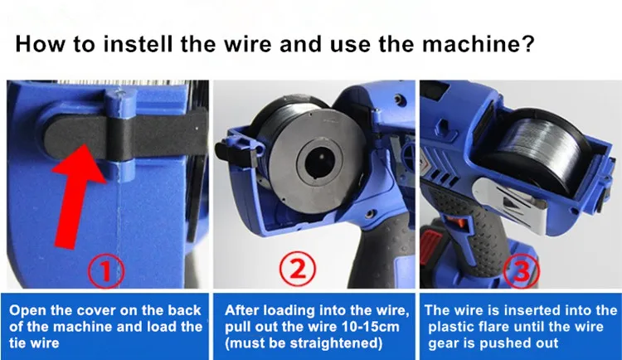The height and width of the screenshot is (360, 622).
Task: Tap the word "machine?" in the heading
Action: point(478,44)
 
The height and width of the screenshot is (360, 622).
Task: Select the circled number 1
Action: point(105,271)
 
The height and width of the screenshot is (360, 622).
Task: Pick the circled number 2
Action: point(298,269)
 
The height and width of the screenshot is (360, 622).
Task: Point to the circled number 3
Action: point(522,270)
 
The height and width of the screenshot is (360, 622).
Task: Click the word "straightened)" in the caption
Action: point(334,343)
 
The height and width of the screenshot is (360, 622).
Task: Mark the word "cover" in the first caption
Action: point(94,311)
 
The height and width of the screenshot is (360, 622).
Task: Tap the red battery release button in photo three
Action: point(430,242)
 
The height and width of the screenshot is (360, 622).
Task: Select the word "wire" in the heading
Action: point(247,44)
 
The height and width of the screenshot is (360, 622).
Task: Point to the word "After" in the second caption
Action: point(241,310)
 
